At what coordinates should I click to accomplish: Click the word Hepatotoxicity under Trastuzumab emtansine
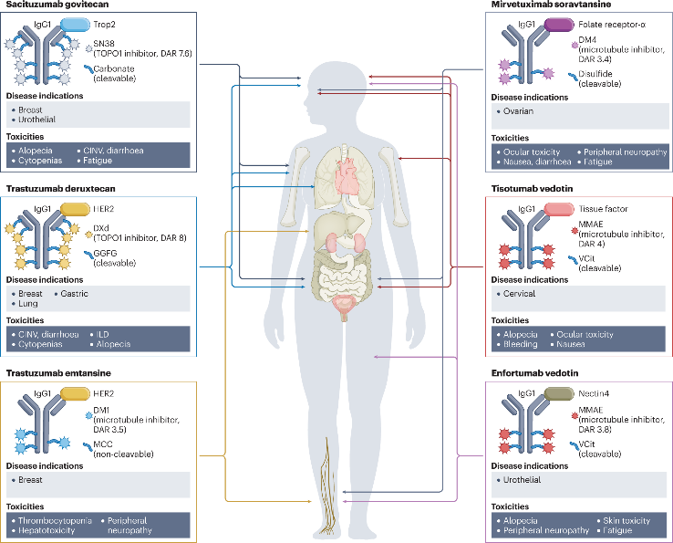tap(46, 531)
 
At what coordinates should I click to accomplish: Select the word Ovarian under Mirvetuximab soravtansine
tap(518, 111)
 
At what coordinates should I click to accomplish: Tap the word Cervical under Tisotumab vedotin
tap(519, 294)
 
